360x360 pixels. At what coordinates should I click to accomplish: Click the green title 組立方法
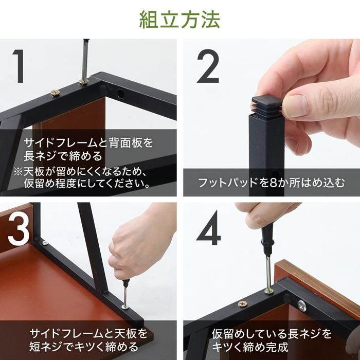coord(180,20)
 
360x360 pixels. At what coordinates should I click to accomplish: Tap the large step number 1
coord(19,66)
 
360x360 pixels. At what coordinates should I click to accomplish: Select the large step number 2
coord(208,66)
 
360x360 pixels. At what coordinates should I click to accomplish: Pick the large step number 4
coord(208,228)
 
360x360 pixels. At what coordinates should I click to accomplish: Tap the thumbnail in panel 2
coord(296,106)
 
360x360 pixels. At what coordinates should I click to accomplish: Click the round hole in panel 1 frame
coord(120,93)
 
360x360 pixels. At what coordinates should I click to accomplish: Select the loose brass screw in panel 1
coord(56,93)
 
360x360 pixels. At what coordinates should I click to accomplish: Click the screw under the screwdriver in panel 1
coord(84,81)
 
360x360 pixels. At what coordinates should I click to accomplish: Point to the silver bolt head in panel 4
coord(302,305)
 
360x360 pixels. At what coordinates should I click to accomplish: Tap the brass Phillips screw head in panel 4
coord(242,304)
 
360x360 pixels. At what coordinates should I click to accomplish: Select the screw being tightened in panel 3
coord(125,307)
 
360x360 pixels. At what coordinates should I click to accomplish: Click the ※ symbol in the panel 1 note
coord(18,171)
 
